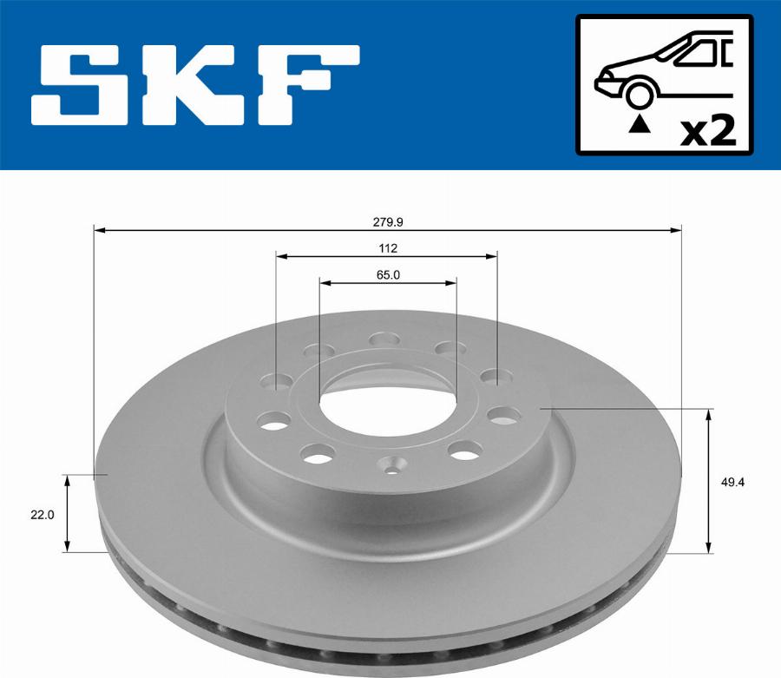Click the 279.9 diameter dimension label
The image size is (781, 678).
click(387, 221)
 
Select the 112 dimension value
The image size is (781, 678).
click(387, 247)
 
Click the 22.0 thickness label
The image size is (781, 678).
click(43, 514)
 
